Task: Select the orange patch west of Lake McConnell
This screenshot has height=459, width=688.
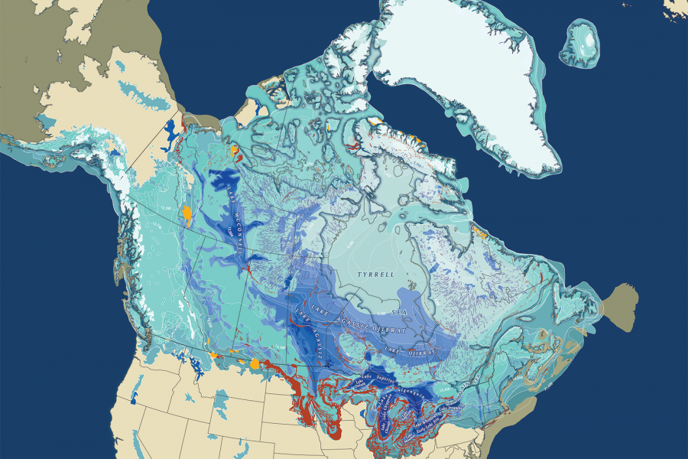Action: coord(186,212)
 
